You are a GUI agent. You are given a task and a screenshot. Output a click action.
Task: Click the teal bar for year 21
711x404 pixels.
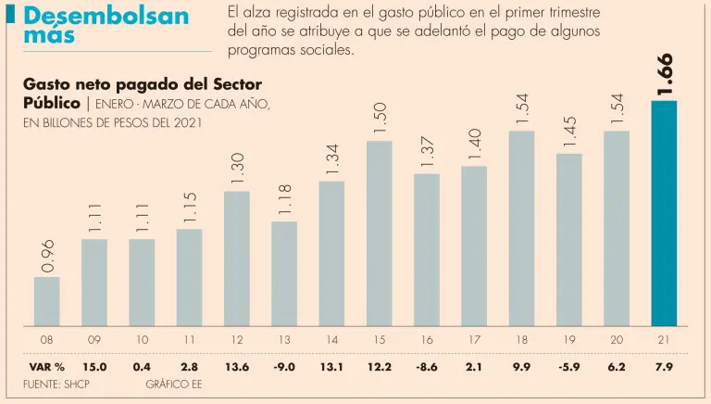pos(664,213)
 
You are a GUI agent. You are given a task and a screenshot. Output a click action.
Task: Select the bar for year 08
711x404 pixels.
pos(46,301)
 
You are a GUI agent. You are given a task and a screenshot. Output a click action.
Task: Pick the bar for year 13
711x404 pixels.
pos(284,273)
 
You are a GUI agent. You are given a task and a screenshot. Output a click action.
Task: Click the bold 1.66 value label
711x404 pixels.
pos(664,74)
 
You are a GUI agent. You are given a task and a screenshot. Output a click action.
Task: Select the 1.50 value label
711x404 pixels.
pos(379,118)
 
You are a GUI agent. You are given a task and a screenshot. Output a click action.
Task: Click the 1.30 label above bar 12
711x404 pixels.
pos(236,168)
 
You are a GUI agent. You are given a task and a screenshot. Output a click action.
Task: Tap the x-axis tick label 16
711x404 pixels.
pos(426,341)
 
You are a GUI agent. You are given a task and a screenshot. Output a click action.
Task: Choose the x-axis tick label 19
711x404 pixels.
pos(568,341)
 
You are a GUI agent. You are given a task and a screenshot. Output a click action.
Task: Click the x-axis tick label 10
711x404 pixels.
pos(142,341)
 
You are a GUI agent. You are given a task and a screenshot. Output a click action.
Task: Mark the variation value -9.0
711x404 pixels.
pos(284,367)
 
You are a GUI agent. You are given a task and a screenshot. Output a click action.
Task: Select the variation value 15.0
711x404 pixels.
pos(94,367)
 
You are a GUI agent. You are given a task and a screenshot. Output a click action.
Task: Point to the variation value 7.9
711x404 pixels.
pos(664,367)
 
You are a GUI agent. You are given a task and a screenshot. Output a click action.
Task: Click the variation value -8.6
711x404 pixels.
pos(426,367)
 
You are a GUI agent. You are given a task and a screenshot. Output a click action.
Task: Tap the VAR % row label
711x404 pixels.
pos(46,367)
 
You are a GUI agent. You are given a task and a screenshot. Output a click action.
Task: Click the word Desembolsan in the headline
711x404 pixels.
pos(106,17)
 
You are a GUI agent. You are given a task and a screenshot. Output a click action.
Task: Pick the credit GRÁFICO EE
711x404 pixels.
pos(174,384)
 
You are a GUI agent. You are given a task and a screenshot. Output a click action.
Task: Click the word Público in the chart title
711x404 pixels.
pos(52,103)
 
